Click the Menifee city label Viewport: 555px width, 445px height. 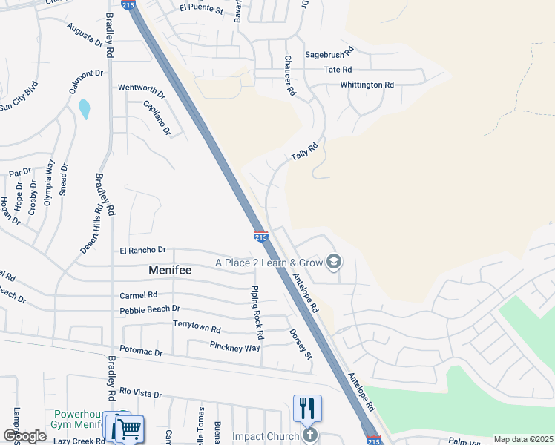(x=171, y=270)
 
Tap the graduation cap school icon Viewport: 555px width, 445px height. (x=334, y=261)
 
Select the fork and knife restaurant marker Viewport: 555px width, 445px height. (x=307, y=407)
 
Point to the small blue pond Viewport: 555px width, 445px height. (x=84, y=109)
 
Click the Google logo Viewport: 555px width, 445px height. (x=24, y=436)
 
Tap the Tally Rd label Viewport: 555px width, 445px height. (x=304, y=151)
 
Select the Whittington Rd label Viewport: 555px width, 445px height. (x=367, y=85)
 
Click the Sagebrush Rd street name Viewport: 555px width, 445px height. (x=330, y=53)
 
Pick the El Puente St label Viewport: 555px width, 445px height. (x=201, y=10)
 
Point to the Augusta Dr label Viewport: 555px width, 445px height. (x=85, y=35)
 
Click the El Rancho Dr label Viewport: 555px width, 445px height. (x=143, y=251)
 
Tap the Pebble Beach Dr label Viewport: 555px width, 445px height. (x=150, y=309)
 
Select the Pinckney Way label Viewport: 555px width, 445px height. (x=234, y=346)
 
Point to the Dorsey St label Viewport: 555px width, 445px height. (x=301, y=343)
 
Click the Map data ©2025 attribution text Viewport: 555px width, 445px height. (x=522, y=439)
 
